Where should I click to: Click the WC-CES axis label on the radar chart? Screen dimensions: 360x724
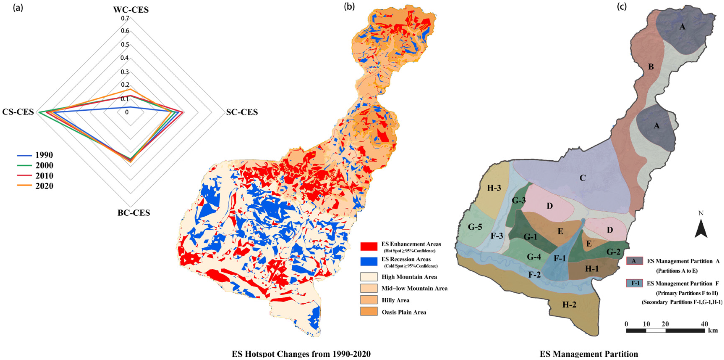point(131,10)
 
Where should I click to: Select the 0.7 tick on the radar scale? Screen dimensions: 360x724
point(125,18)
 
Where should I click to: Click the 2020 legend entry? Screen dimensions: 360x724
point(44,186)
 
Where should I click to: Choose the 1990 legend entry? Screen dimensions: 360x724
point(44,155)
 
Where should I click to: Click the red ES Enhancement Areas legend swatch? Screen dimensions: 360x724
point(369,246)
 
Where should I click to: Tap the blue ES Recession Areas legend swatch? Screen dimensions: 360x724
point(369,261)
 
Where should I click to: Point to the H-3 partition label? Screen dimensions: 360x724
point(494,188)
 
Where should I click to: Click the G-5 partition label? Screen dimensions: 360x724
point(475,227)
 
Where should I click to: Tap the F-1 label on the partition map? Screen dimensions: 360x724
point(559,258)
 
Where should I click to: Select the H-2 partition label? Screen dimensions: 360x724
point(569,305)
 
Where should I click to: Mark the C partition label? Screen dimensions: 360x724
point(583,178)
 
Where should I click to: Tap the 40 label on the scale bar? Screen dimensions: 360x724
point(704,324)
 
